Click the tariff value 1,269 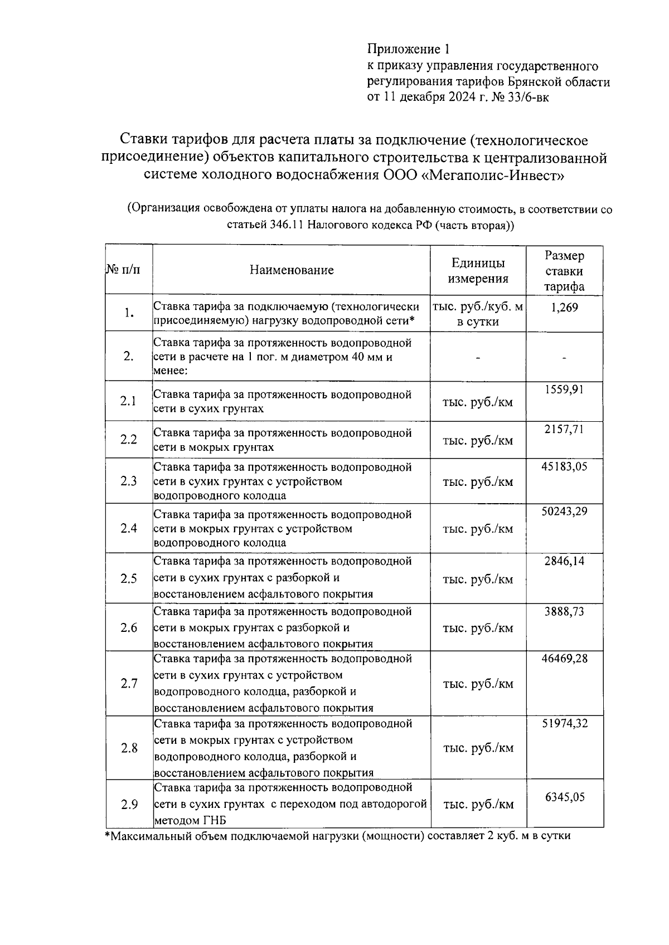pyautogui.click(x=564, y=307)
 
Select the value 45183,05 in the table pyautogui.click(x=564, y=467)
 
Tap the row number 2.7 pyautogui.click(x=129, y=683)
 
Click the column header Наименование pyautogui.click(x=292, y=270)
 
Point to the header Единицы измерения pyautogui.click(x=478, y=271)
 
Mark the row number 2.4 pyautogui.click(x=129, y=528)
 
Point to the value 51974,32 pyautogui.click(x=564, y=723)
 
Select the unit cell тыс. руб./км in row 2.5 pyautogui.click(x=478, y=579)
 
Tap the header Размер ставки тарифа pyautogui.click(x=564, y=271)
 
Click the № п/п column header pyautogui.click(x=123, y=270)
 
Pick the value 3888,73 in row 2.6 pyautogui.click(x=564, y=612)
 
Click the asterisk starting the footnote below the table pyautogui.click(x=108, y=835)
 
